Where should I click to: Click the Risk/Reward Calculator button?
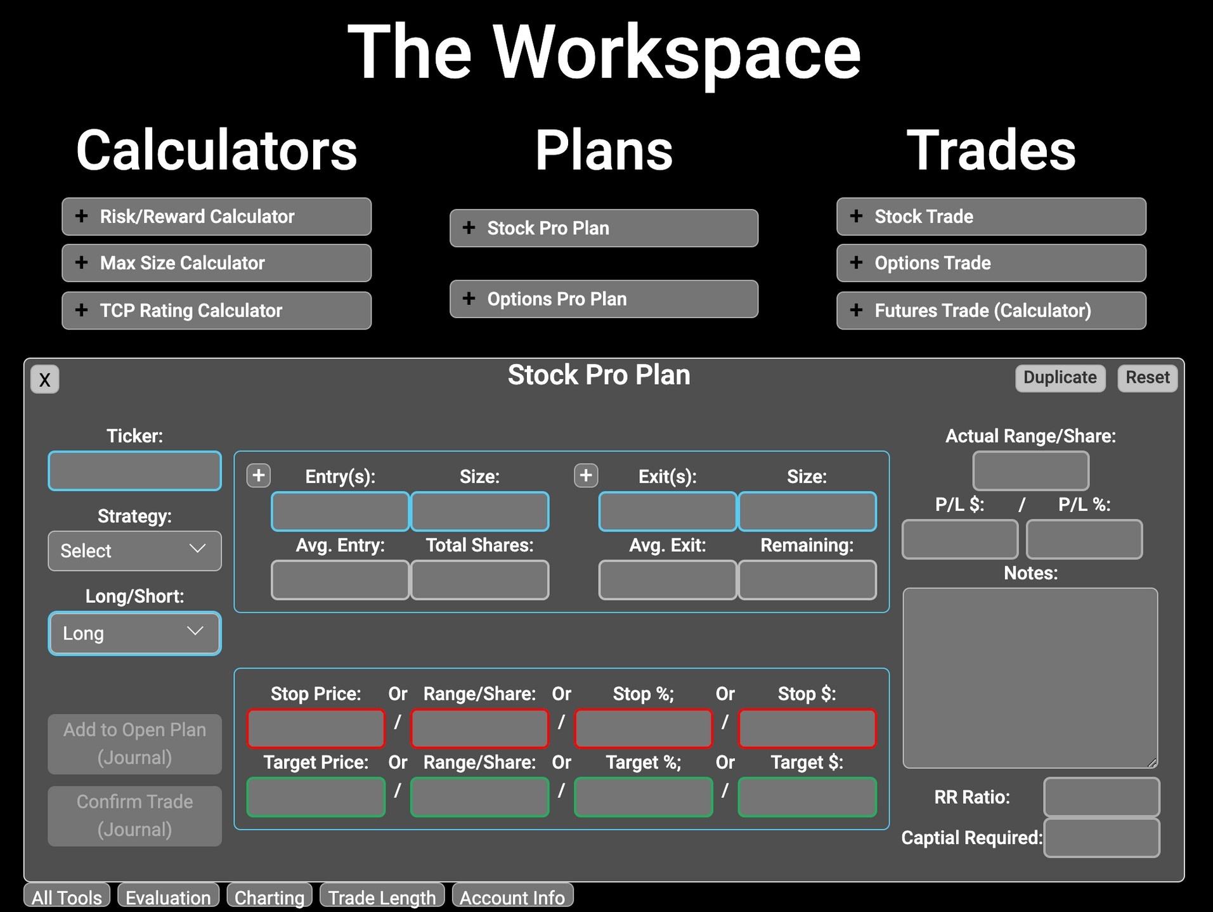pyautogui.click(x=216, y=217)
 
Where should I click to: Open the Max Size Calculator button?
pyautogui.click(x=216, y=263)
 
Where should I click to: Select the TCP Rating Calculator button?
pyautogui.click(x=216, y=311)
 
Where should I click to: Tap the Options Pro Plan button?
pyautogui.click(x=604, y=299)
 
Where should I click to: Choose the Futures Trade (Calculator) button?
pyautogui.click(x=991, y=311)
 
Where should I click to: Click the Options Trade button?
pyautogui.click(x=991, y=263)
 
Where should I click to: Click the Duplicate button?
pyautogui.click(x=1060, y=378)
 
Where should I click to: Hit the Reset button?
pyautogui.click(x=1147, y=378)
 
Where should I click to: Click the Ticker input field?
pyautogui.click(x=134, y=471)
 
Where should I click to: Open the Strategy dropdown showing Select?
pyautogui.click(x=134, y=551)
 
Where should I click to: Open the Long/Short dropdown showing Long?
pyautogui.click(x=134, y=633)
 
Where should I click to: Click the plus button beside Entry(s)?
pyautogui.click(x=259, y=475)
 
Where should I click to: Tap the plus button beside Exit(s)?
pyautogui.click(x=586, y=475)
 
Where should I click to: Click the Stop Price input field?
pyautogui.click(x=316, y=728)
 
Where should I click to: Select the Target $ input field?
pyautogui.click(x=807, y=797)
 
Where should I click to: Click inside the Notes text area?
pyautogui.click(x=1030, y=678)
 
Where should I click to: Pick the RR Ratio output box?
pyautogui.click(x=1101, y=797)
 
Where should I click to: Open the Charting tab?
pyautogui.click(x=269, y=897)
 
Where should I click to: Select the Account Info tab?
pyautogui.click(x=512, y=897)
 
